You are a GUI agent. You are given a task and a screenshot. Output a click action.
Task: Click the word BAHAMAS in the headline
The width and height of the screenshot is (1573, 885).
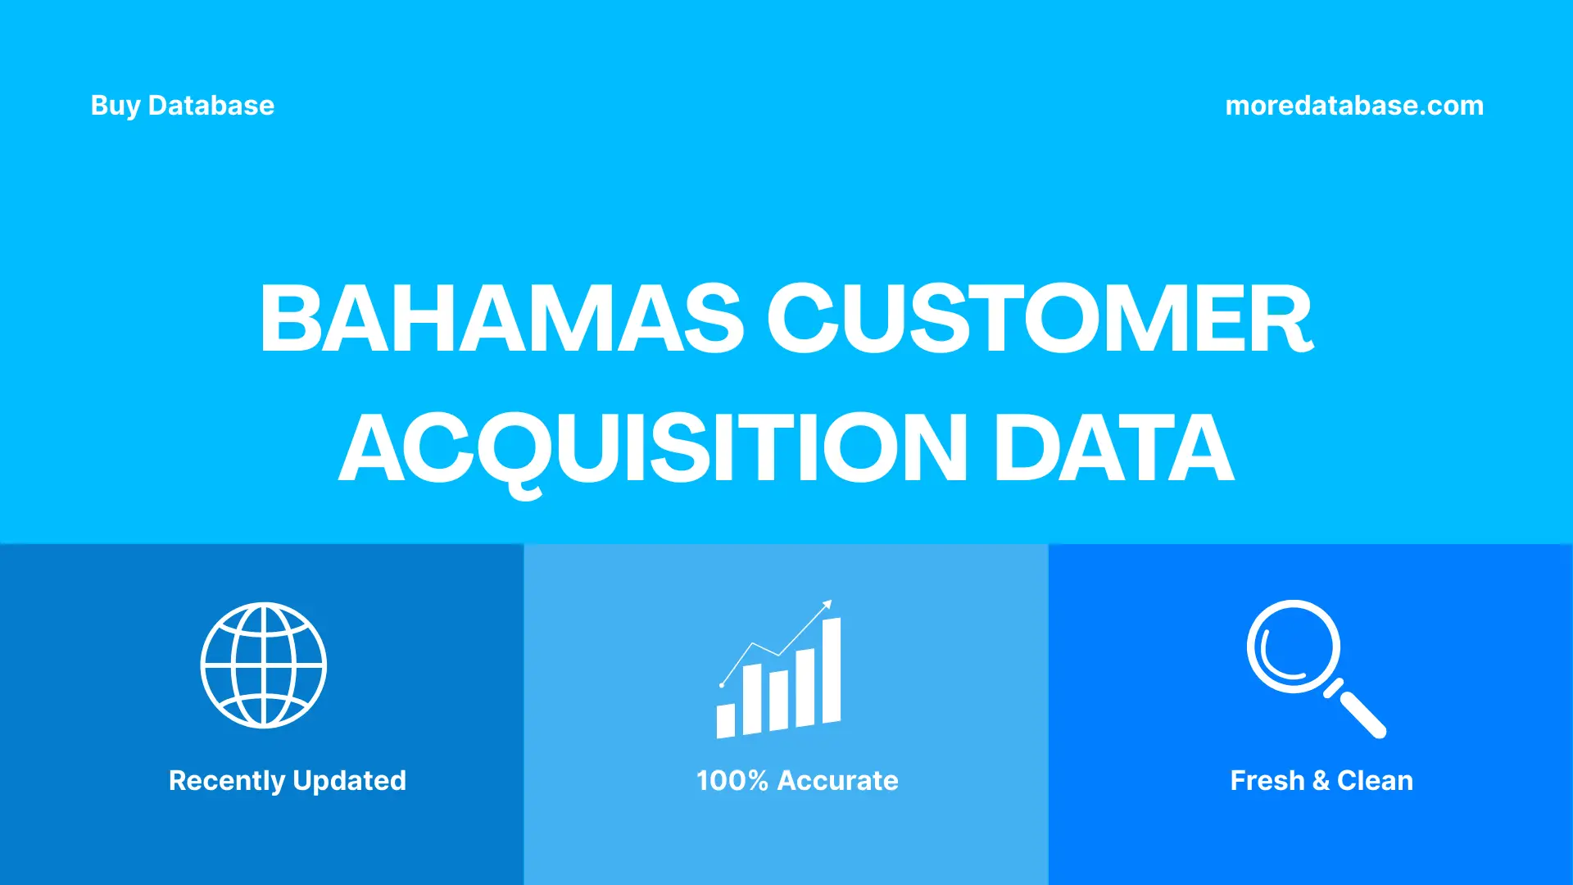tap(501, 319)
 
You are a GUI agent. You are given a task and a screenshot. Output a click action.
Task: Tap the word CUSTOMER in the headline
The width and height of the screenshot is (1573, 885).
tap(1039, 319)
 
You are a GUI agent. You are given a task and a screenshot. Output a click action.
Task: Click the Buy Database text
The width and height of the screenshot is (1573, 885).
tap(182, 106)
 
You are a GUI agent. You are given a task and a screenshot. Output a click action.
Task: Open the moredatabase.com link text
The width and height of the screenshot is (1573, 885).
tap(1353, 106)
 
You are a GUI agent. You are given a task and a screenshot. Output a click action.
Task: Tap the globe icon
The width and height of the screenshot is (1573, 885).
tap(264, 665)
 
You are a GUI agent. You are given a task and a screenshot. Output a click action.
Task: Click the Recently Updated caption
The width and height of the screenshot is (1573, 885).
tap(287, 781)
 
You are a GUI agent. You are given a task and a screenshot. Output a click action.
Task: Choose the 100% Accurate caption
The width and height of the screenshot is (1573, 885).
tap(796, 781)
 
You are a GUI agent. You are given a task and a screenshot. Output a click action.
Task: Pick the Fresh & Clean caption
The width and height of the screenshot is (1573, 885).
tap(1321, 781)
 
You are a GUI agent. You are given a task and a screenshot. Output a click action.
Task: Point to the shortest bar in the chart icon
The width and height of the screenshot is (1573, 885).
tap(725, 720)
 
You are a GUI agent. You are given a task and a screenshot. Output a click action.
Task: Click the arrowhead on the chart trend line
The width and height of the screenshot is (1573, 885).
tap(827, 605)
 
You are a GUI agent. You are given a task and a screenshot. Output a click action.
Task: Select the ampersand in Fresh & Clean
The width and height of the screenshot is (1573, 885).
tap(1320, 781)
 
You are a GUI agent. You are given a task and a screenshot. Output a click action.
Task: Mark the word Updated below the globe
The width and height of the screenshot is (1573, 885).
tap(349, 781)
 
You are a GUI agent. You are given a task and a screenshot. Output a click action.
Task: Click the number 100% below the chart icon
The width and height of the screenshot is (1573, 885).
tap(732, 781)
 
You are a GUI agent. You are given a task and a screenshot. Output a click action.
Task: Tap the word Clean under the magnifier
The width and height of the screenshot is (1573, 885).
tap(1375, 781)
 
